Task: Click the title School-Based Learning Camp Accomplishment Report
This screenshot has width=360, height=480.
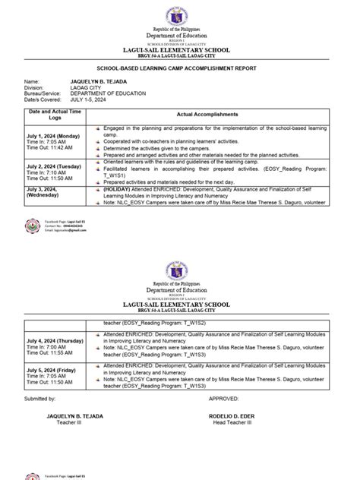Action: (180, 68)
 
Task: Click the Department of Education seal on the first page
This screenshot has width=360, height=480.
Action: (180, 16)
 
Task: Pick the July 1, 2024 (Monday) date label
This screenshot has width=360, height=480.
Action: (52, 134)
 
